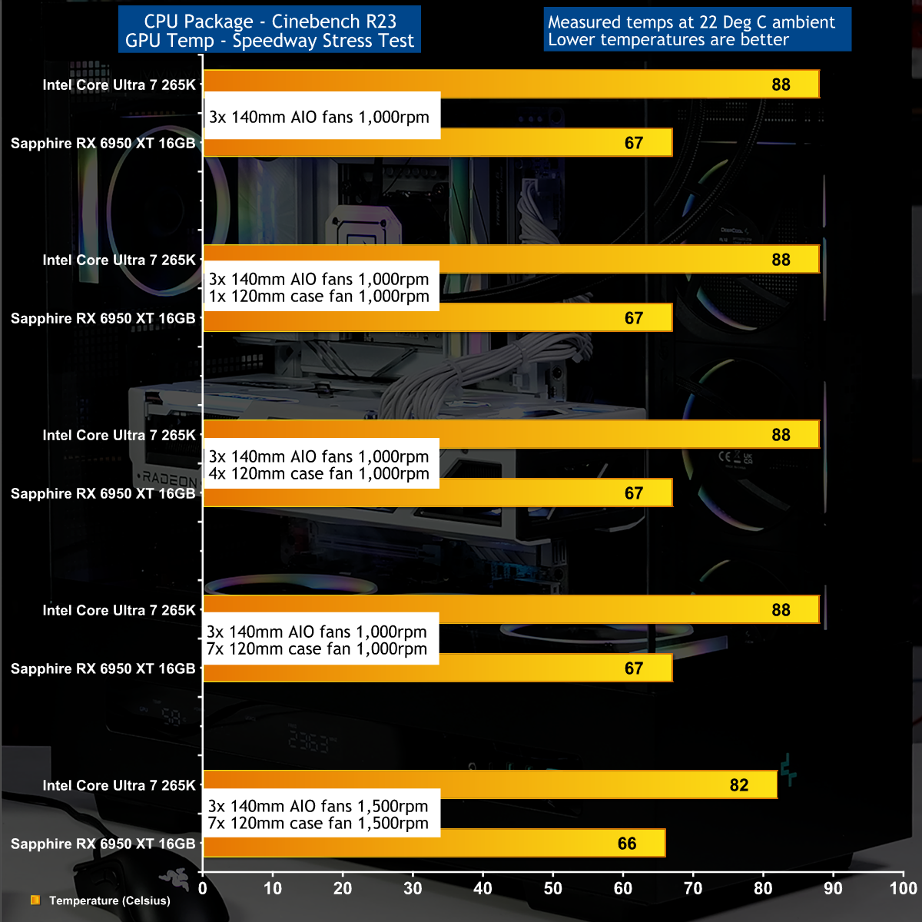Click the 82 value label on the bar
738,785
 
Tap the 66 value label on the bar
627,844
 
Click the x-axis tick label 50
553,889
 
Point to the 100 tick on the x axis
904,889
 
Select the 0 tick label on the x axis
203,889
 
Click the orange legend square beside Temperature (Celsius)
35,900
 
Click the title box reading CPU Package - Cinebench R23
270,22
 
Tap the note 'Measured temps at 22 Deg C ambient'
691,22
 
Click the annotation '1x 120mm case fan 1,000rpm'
319,297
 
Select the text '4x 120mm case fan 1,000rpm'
319,474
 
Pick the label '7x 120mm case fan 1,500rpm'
318,824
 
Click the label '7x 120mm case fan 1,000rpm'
317,649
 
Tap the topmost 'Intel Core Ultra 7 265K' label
119,85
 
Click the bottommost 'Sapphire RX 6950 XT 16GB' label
103,844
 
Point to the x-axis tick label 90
833,889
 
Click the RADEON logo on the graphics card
169,478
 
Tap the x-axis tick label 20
343,889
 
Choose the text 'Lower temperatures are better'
668,40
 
